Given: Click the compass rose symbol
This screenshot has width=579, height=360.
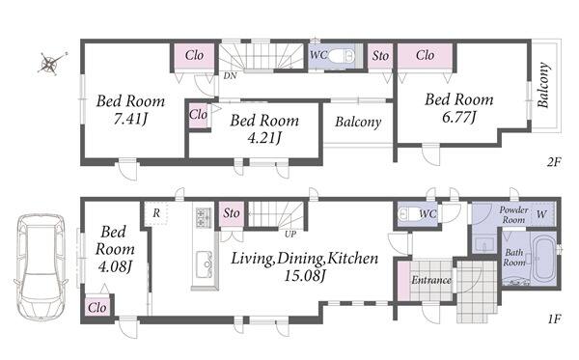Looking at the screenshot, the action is (49, 64).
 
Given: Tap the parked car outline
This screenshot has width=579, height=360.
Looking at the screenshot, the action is (41, 267).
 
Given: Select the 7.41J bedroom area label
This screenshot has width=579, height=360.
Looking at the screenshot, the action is (130, 119).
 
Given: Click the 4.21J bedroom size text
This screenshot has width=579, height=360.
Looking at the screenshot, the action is (264, 138).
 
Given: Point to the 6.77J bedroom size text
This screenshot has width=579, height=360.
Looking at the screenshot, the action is (459, 117).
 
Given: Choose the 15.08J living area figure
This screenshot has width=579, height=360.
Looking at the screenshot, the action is (305, 275).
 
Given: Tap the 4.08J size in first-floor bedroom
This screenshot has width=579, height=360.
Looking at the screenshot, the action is (115, 266).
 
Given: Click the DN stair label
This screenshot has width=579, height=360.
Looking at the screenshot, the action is (230, 75).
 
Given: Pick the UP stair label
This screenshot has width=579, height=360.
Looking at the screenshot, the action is (290, 234).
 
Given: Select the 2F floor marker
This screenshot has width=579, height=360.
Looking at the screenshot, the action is (554, 162).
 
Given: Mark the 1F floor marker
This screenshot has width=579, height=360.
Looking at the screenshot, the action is (554, 318).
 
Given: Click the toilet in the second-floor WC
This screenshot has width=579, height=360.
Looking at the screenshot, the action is (342, 57).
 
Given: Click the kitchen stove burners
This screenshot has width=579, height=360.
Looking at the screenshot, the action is (203, 218).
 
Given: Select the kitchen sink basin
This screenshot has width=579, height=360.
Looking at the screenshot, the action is (204, 264).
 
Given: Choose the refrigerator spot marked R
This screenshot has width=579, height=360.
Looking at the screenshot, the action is (156, 213).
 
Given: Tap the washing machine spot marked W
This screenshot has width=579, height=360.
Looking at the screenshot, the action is (541, 214).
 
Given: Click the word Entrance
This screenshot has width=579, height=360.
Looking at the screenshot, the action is (431, 280).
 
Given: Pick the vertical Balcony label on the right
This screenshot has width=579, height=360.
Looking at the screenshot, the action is (543, 85).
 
